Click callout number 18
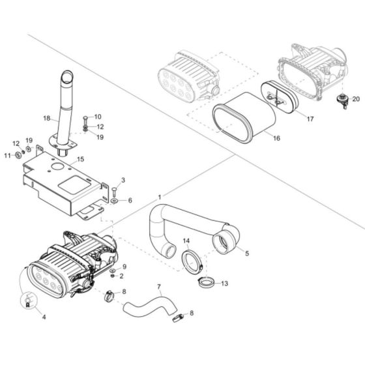click(47, 119)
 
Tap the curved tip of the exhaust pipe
click(68, 76)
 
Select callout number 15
click(80, 159)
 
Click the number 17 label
click(310, 119)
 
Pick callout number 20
click(356, 99)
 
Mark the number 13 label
click(225, 284)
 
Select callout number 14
click(186, 242)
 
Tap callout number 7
click(158, 287)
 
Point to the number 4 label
click(44, 317)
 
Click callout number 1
click(160, 196)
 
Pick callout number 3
click(123, 180)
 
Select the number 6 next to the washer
click(129, 201)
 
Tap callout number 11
click(7, 155)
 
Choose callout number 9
click(124, 267)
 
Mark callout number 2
click(122, 276)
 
